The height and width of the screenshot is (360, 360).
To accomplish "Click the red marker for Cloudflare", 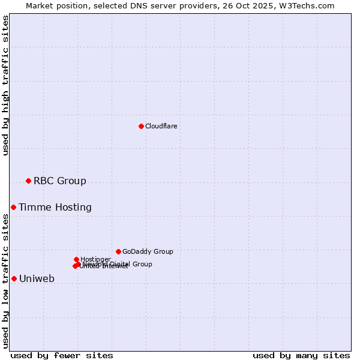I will pos(141,126).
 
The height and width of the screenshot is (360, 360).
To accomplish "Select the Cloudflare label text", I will pos(161,126).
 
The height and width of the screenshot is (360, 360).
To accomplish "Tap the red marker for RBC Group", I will pos(28,181).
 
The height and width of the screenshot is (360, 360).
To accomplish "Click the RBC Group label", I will pos(59,181).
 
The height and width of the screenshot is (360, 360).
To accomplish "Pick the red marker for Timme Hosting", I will pos(13,207).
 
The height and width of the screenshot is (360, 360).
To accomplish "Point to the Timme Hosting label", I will pos(55,207).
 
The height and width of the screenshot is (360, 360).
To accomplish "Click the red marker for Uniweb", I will pos(14,278).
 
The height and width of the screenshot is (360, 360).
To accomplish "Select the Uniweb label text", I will pos(37,278).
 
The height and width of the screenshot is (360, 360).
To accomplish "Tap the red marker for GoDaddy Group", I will pos(118,251).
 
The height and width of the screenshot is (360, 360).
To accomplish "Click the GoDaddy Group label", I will pos(148,251).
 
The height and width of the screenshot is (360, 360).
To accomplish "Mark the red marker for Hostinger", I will pos(76,259).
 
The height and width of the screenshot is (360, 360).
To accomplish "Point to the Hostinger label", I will pos(95,259).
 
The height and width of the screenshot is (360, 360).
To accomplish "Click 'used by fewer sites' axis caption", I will pos(62,355).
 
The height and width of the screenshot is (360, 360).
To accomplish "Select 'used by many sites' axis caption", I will pos(301,355).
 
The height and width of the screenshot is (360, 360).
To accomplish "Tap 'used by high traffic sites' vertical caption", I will pos(5,85).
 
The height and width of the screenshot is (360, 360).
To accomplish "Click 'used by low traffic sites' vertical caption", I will pos(5,281).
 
